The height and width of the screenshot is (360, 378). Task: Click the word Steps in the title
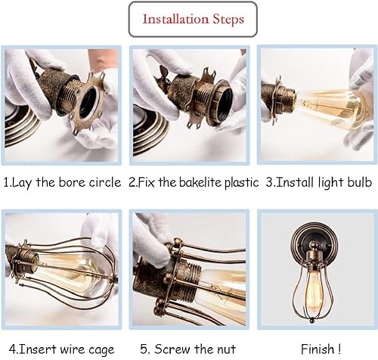click(225, 20)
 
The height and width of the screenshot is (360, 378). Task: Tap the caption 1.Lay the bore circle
click(62, 182)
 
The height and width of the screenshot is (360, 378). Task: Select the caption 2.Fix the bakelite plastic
click(194, 182)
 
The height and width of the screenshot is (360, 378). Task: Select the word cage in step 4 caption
click(104, 349)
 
